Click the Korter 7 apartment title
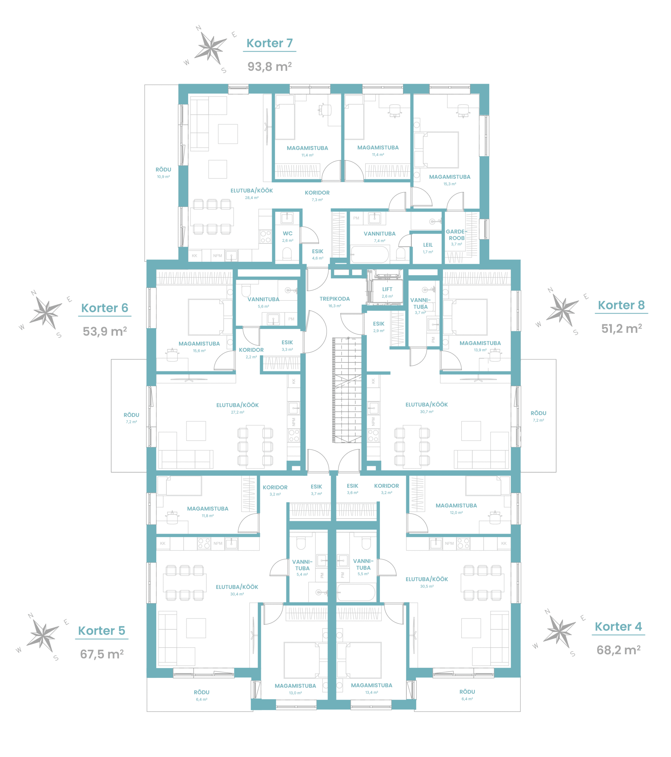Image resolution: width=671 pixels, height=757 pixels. pyautogui.click(x=269, y=43)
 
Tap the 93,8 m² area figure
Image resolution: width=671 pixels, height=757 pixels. pyautogui.click(x=269, y=67)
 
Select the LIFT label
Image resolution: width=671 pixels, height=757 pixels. pyautogui.click(x=387, y=289)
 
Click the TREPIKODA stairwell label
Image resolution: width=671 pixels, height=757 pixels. pyautogui.click(x=334, y=299)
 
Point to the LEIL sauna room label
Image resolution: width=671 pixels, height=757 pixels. pyautogui.click(x=428, y=245)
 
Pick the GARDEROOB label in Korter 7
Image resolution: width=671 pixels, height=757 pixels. pyautogui.click(x=456, y=235)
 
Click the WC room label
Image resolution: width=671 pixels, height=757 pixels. pyautogui.click(x=287, y=234)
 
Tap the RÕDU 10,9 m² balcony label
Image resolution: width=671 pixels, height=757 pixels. pyautogui.click(x=163, y=173)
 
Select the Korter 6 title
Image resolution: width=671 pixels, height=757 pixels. pyautogui.click(x=105, y=308)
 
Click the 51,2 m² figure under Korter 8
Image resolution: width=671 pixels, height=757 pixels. pyautogui.click(x=621, y=329)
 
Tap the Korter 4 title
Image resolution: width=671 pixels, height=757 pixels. pyautogui.click(x=618, y=627)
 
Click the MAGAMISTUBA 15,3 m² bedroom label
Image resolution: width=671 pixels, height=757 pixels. pyautogui.click(x=450, y=180)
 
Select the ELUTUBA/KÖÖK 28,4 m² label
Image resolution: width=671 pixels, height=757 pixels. pyautogui.click(x=252, y=194)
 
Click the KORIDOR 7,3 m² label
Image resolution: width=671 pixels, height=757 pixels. pyautogui.click(x=317, y=196)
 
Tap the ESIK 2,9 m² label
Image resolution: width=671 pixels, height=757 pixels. pyautogui.click(x=378, y=327)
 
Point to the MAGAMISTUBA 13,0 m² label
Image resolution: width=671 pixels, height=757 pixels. pyautogui.click(x=295, y=689)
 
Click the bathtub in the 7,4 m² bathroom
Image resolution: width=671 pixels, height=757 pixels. pyautogui.click(x=369, y=255)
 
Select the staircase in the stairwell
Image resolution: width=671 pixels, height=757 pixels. pyautogui.click(x=347, y=390)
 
